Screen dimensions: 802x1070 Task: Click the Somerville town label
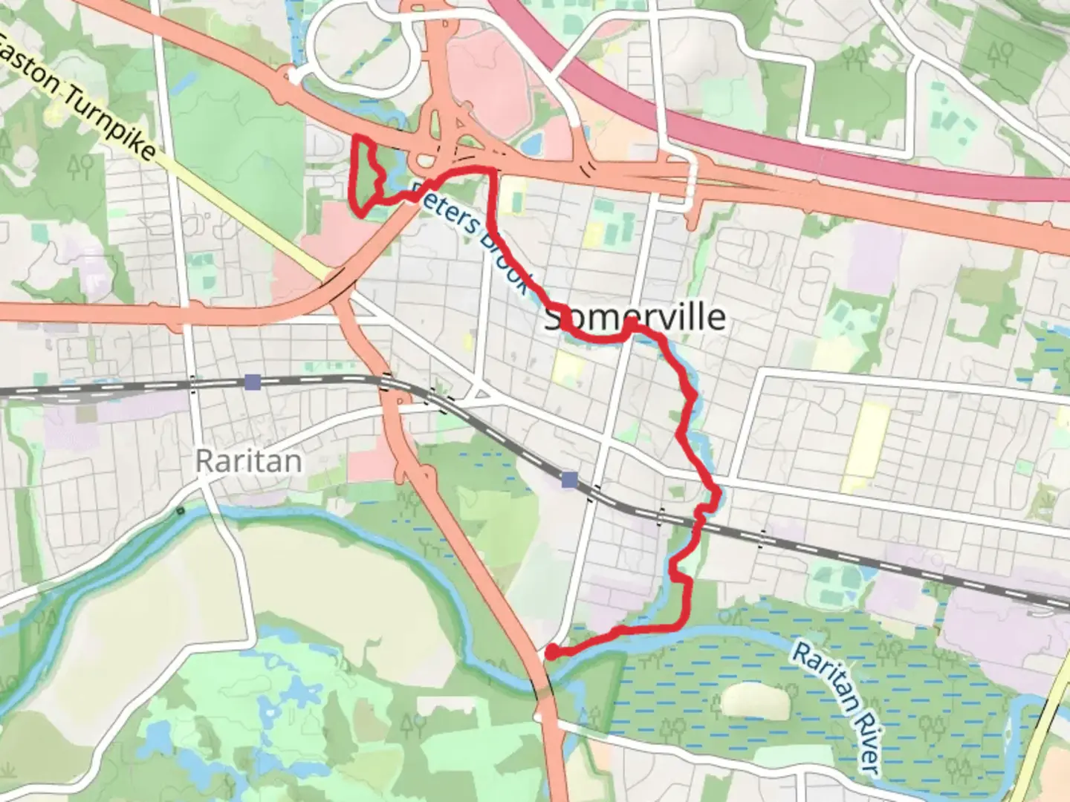coord(635,318)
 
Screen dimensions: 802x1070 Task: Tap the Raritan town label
coord(248,461)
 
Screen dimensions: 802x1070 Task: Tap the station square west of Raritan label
coord(253,382)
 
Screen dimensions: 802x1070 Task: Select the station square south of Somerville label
coord(570,480)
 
